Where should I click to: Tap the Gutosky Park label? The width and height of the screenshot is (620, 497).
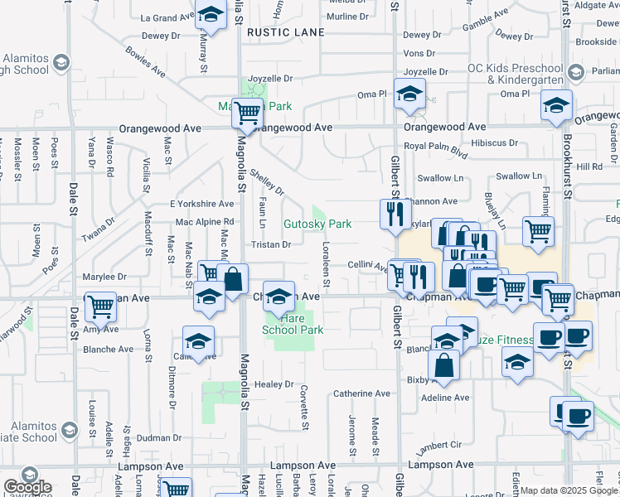318,224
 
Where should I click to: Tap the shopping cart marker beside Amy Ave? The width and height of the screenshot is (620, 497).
100,306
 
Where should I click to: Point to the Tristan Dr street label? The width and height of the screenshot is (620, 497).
271,244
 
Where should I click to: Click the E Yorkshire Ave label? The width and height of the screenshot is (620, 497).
202,204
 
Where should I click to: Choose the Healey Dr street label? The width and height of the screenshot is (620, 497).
274,384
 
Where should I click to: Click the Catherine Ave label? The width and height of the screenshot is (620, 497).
361,393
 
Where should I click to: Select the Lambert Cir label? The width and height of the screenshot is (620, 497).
438,447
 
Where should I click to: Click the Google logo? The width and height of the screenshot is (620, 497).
27,487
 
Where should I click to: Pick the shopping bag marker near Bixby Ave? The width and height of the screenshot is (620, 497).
444,364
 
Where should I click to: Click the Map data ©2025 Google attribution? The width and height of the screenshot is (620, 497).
568,490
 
